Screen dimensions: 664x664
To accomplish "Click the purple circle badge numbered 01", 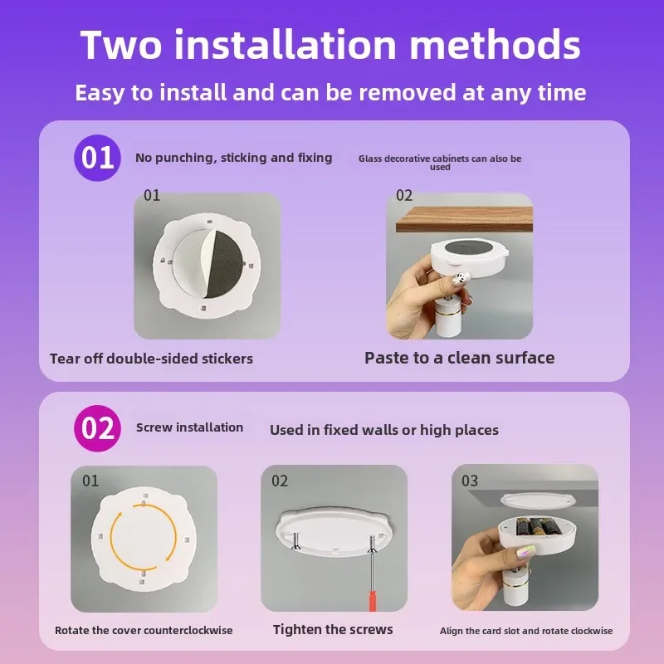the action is click(x=97, y=158).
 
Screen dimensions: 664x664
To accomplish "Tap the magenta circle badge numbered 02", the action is click(x=97, y=428).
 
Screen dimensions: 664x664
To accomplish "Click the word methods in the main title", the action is click(x=495, y=45).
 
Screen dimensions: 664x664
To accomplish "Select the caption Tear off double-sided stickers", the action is click(x=151, y=359).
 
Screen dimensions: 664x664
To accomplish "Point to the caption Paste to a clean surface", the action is click(x=460, y=358).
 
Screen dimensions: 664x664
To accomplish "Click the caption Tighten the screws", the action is click(x=333, y=630).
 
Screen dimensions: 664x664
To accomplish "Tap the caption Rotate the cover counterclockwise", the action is click(x=144, y=630).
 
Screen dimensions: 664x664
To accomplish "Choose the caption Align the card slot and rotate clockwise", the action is click(x=526, y=631).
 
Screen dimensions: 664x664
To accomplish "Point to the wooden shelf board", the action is click(x=464, y=219).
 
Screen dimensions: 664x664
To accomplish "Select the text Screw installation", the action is click(x=190, y=427).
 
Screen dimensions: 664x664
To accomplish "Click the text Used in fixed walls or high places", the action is click(x=384, y=430).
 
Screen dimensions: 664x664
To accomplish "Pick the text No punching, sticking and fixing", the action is click(x=234, y=158).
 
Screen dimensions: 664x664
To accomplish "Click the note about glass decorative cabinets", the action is click(x=440, y=162).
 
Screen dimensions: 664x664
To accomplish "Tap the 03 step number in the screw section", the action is click(x=470, y=481).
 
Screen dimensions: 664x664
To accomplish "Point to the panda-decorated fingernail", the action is click(x=461, y=279).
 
